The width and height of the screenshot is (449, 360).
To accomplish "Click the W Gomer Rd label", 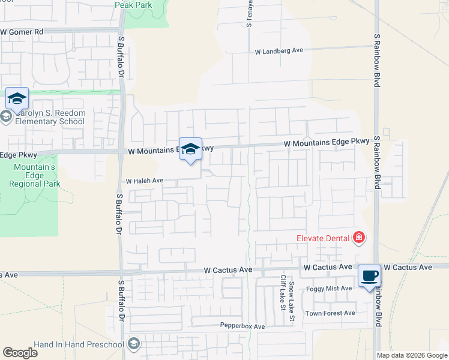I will tap(23, 32).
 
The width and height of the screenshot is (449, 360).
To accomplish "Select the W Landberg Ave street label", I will tap(279, 52).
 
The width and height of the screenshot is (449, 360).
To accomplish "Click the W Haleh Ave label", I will tap(144, 181).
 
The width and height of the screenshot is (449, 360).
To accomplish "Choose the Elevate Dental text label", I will tap(323, 238).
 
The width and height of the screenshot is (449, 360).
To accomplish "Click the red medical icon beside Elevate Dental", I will tap(359, 238).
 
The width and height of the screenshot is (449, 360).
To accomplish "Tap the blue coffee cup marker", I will tap(369, 277).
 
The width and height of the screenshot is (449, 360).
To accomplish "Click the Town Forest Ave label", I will tap(330, 313).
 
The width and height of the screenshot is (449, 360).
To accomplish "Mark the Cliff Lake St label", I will tap(283, 293).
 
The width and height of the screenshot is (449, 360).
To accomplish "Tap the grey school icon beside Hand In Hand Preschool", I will tap(134, 344).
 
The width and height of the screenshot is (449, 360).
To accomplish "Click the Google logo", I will tap(20, 353).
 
